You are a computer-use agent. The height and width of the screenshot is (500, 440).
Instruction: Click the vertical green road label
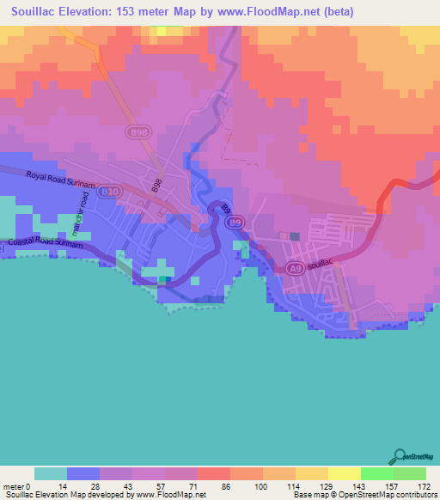pyautogui.click(x=76, y=223)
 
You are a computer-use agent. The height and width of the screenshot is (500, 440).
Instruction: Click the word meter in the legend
pyautogui.click(x=10, y=486)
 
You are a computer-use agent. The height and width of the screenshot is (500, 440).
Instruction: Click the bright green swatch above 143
pyautogui.click(x=376, y=473)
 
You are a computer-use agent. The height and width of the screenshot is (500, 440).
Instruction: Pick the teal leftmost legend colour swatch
pyautogui.click(x=50, y=473)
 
